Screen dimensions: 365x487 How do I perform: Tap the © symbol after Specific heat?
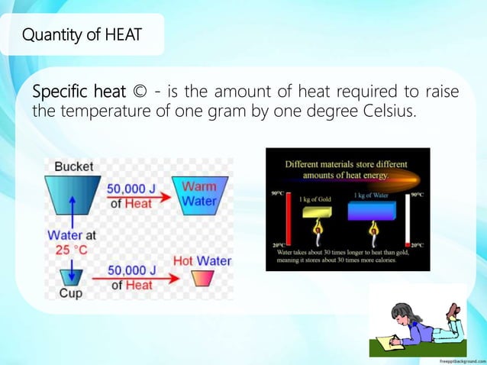pyautogui.click(x=137, y=93)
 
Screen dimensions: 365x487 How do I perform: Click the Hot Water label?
pyautogui.click(x=202, y=260)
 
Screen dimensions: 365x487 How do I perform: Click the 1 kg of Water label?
pyautogui.click(x=371, y=195)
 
